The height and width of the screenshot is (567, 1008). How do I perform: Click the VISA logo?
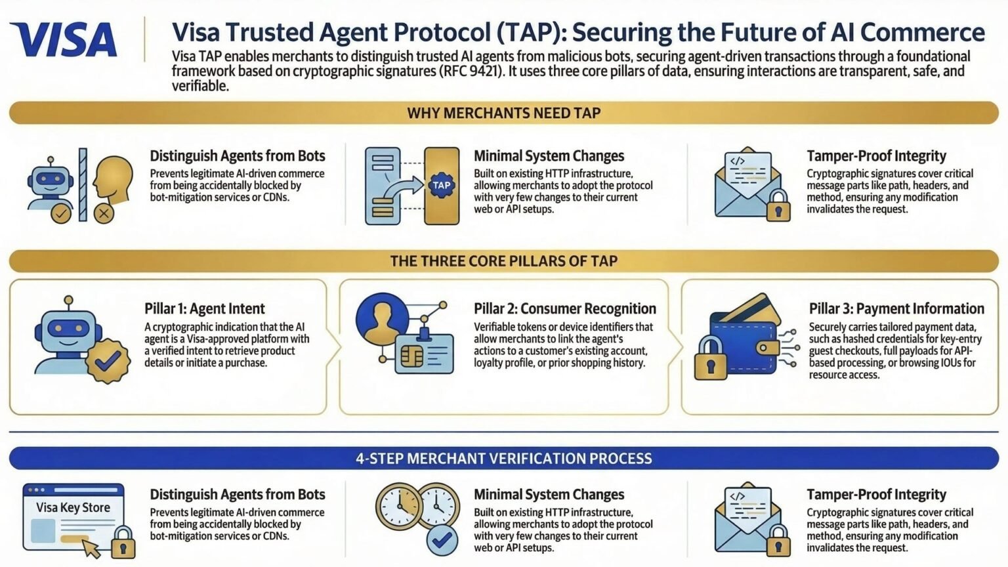64,39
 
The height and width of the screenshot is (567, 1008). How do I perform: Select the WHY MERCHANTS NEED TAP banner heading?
504,112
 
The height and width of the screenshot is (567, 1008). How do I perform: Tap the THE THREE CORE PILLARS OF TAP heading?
504,261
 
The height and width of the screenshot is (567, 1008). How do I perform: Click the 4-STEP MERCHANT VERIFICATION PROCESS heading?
504,459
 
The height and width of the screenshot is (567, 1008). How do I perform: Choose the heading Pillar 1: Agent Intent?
204,308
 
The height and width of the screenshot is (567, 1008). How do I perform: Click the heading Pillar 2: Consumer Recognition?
565,308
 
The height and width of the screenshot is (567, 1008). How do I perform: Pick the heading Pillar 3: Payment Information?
896,308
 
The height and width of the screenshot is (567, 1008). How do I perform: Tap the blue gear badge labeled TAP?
442,186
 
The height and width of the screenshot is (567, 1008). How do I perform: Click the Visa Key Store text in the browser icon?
73,507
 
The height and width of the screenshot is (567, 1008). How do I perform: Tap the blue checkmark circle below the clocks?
442,539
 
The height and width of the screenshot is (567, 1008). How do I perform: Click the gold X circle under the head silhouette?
104,213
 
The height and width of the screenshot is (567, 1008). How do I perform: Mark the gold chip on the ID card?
411,357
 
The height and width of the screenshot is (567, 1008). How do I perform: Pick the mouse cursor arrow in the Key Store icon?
92,548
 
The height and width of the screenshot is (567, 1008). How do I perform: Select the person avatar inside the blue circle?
383,320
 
